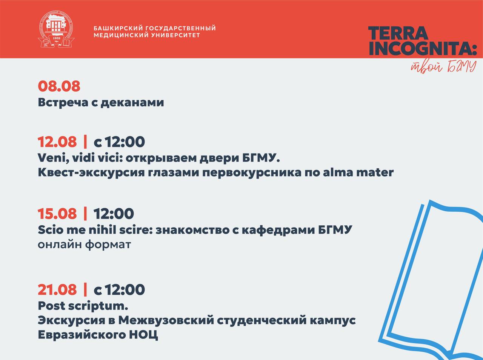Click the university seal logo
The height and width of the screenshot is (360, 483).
[56, 29]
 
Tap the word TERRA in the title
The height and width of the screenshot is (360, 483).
[398, 33]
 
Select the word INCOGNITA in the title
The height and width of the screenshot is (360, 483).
[423, 48]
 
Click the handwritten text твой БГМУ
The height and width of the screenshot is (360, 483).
[443, 66]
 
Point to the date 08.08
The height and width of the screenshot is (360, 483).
[59, 86]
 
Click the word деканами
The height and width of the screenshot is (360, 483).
[132, 103]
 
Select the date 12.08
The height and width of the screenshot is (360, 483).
[57, 142]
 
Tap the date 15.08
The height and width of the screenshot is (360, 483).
[57, 214]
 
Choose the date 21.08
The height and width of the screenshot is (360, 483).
[57, 289]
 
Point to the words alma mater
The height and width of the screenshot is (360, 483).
[358, 172]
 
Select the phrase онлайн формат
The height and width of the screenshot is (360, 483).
[84, 245]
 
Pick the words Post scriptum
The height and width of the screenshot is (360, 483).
[83, 306]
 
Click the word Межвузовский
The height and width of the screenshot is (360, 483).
[166, 320]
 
